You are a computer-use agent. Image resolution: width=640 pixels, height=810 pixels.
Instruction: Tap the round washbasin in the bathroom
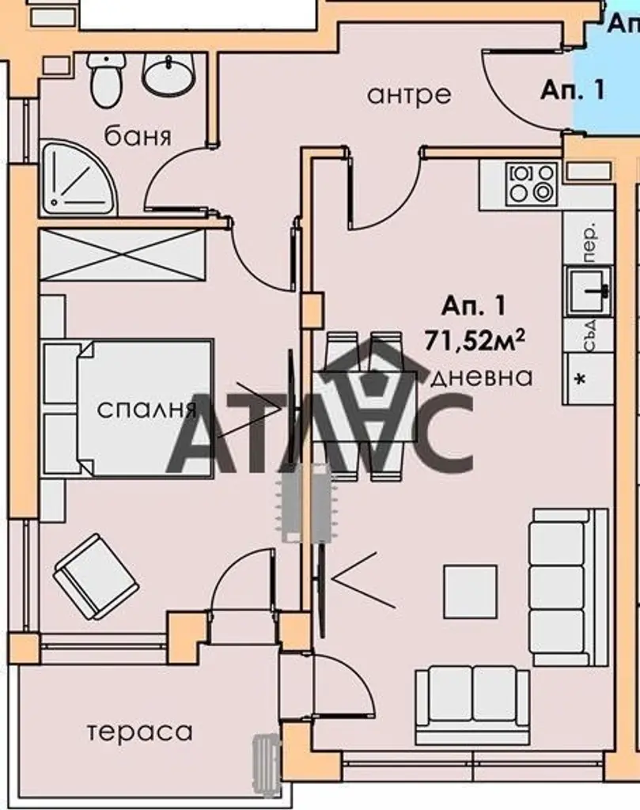169,75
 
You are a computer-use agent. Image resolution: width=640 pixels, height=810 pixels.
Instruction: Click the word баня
138,136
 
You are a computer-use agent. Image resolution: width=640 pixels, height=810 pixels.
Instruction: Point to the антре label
408,95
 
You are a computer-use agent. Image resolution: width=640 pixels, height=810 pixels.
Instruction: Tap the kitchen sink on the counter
589,290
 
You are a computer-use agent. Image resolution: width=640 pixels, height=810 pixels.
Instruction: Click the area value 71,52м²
475,341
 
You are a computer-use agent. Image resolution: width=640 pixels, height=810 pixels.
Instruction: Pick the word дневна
482,377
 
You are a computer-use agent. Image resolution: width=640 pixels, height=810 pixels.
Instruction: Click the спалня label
147,410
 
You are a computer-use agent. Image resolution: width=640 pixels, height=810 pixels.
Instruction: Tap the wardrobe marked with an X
123,255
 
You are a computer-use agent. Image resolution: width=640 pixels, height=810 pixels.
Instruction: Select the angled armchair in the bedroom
96,577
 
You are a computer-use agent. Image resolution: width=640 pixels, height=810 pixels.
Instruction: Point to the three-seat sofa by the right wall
570,587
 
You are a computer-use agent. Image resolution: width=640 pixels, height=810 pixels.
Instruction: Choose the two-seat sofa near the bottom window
472,706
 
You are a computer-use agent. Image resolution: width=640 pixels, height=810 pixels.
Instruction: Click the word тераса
139,732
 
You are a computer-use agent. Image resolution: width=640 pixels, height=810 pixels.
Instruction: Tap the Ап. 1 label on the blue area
572,90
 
